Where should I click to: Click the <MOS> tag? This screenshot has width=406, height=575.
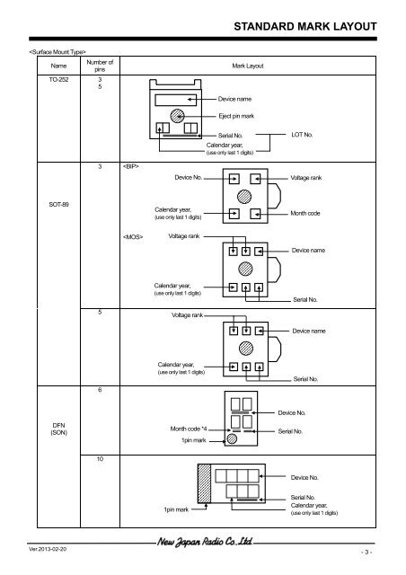click(134, 237)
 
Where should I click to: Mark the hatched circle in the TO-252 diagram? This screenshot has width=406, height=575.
click(180, 116)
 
